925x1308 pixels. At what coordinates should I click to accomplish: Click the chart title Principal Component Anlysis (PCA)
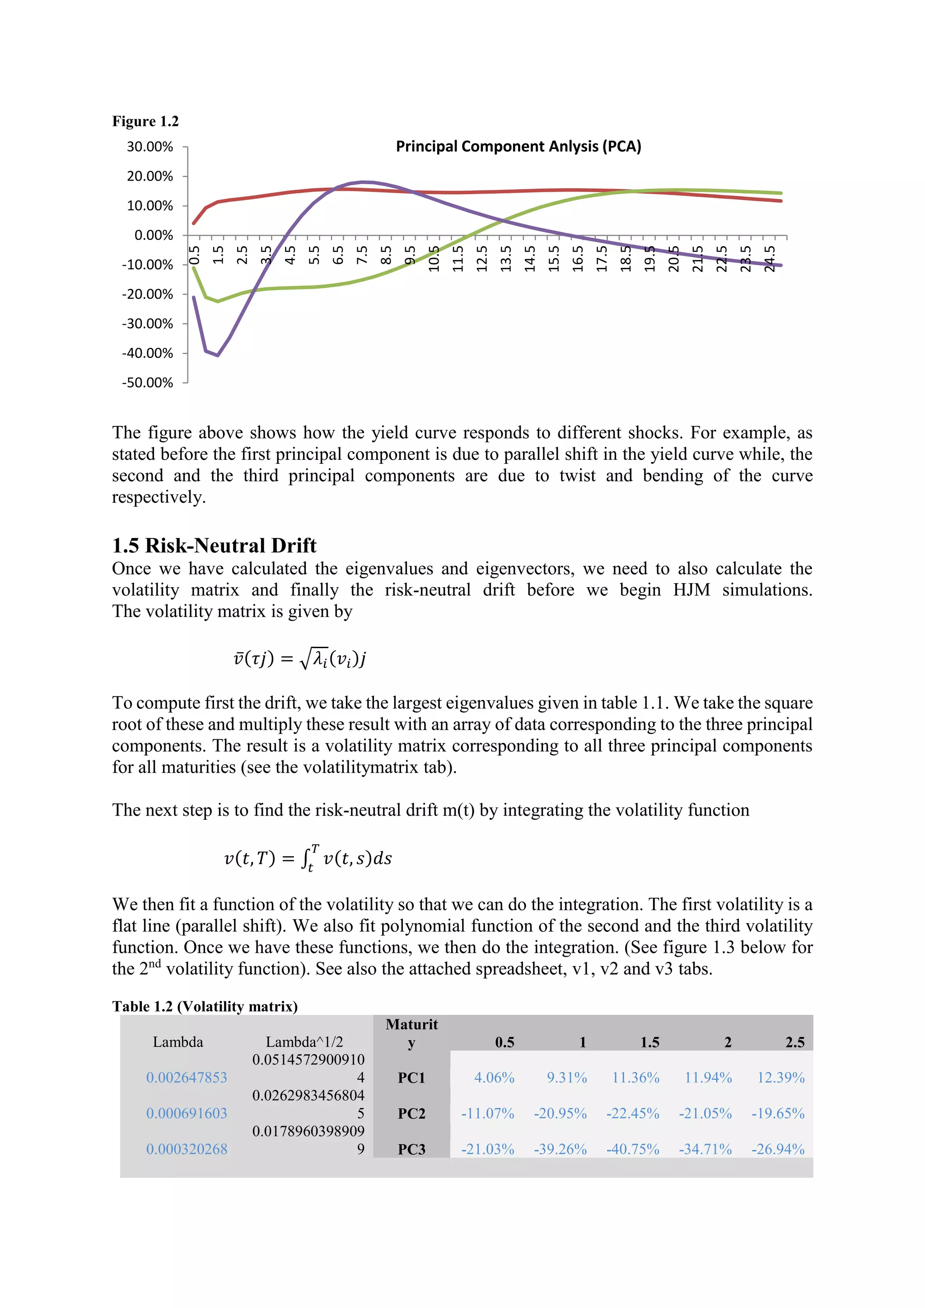519,146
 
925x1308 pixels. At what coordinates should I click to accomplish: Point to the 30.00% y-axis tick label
150,147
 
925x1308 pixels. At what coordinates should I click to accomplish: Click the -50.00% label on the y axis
148,383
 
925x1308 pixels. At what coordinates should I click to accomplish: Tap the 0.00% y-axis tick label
154,235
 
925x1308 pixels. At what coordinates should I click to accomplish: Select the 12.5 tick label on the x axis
482,259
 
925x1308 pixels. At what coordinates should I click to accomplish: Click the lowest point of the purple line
218,355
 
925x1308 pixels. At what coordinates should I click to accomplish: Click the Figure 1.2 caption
145,121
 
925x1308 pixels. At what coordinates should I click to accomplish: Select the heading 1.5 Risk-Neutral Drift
214,545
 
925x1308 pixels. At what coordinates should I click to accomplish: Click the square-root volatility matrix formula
299,659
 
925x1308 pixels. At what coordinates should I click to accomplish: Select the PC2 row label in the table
411,1113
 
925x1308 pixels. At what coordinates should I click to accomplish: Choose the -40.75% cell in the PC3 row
632,1149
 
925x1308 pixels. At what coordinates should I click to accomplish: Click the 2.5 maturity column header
794,1042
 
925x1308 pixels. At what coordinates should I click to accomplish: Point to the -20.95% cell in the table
560,1113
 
